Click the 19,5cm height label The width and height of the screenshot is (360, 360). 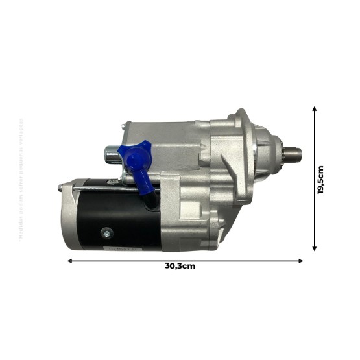tap(320, 179)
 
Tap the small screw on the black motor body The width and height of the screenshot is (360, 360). tap(105, 232)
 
